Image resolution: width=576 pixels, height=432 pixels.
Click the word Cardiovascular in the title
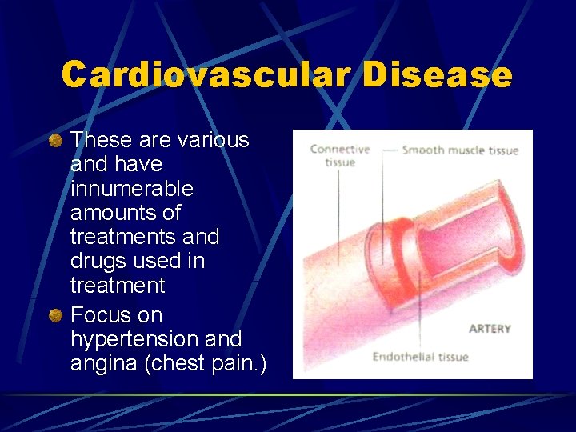pos(206,74)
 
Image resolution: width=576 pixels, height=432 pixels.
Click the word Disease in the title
pos(437,74)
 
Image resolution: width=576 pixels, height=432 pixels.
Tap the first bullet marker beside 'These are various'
pos(55,141)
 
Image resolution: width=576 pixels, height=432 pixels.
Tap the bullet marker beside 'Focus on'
pos(55,316)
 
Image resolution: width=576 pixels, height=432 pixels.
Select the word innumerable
pos(131,189)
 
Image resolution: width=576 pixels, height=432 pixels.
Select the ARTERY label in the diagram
pos(490,329)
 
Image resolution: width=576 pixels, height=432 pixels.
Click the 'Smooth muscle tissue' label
pos(460,150)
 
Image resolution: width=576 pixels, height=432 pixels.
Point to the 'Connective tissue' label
pos(339,155)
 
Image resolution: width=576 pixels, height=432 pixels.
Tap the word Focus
pos(98,316)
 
